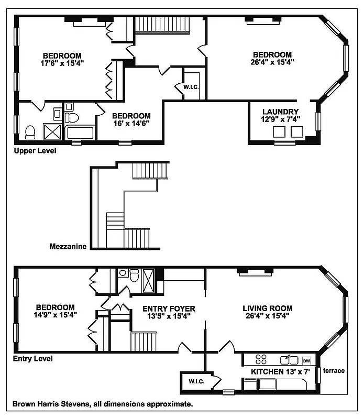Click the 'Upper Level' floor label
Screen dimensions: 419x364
(35, 151)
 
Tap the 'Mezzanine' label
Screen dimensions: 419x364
(68, 246)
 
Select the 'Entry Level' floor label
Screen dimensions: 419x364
(32, 359)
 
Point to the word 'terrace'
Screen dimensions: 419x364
(334, 371)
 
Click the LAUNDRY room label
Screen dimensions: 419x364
(280, 112)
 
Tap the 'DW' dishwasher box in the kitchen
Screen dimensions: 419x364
(306, 360)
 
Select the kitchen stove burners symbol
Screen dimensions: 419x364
(260, 360)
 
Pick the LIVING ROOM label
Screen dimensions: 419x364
(267, 308)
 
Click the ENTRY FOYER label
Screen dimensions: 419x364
(169, 308)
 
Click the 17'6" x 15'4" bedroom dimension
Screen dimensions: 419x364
(62, 63)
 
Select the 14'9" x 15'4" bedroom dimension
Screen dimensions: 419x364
(55, 315)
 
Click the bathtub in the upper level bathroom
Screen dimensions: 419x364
(80, 133)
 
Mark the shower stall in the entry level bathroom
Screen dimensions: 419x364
(149, 280)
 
